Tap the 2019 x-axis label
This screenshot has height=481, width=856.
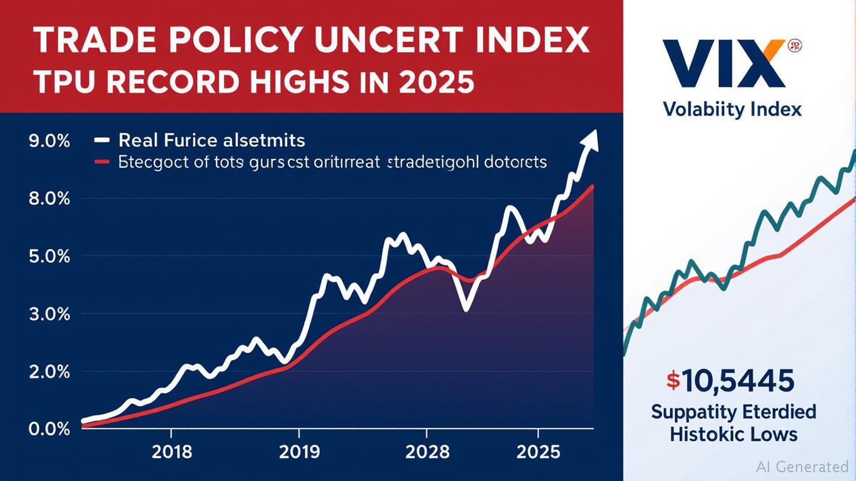[x=299, y=452]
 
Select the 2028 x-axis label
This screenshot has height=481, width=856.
[x=427, y=452]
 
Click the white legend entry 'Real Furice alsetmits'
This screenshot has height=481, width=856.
[x=211, y=140]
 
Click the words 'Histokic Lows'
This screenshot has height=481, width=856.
[x=733, y=434]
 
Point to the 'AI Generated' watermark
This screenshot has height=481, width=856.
[x=802, y=467]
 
